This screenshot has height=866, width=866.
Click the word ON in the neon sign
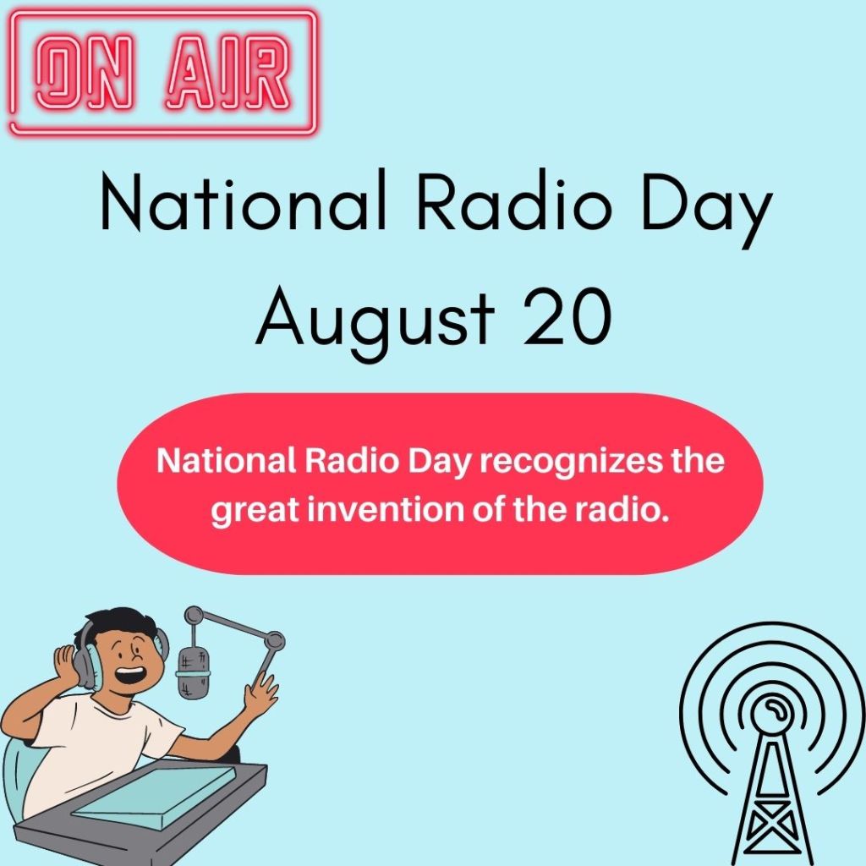(x=85, y=72)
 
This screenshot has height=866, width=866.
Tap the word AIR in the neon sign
(x=227, y=72)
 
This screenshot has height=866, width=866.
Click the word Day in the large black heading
(x=706, y=207)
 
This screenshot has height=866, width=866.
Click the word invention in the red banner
(x=385, y=509)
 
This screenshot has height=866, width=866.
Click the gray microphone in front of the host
(x=194, y=671)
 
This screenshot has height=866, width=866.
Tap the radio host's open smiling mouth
(x=132, y=675)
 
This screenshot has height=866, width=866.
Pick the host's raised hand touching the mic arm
(x=260, y=693)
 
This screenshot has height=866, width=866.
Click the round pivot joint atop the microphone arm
(x=194, y=615)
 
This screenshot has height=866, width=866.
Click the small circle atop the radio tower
(x=771, y=710)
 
